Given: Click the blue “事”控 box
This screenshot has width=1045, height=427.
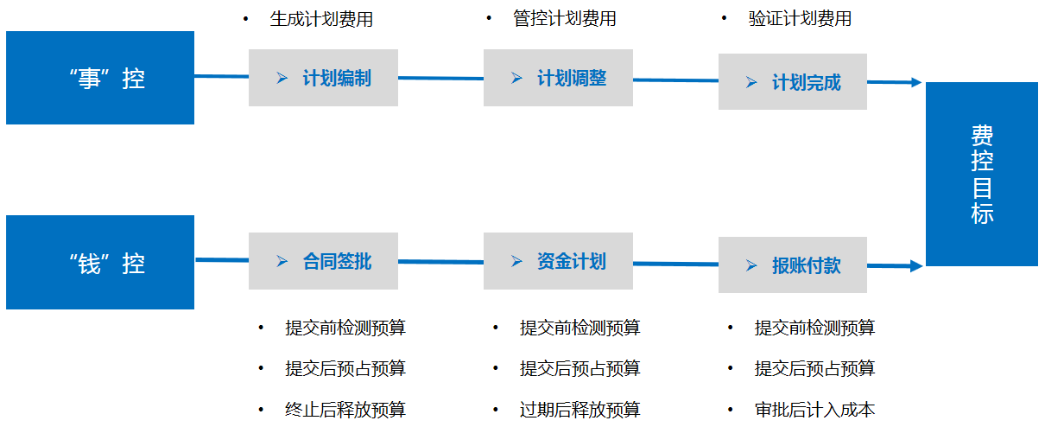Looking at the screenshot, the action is pyautogui.click(x=100, y=78).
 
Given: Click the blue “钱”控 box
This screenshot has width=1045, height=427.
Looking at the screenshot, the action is pyautogui.click(x=100, y=262).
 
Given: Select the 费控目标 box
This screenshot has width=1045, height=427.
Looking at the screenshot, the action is pyautogui.click(x=982, y=174).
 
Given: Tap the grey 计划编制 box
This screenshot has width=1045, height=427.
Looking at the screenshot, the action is pyautogui.click(x=323, y=78).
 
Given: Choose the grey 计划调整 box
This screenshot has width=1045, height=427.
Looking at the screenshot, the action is pyautogui.click(x=558, y=78).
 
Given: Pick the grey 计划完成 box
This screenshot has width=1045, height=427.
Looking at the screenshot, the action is pyautogui.click(x=793, y=81).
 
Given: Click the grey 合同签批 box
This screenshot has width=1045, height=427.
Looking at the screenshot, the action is pyautogui.click(x=323, y=261).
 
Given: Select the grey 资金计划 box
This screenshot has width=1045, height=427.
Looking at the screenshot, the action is pyautogui.click(x=558, y=261).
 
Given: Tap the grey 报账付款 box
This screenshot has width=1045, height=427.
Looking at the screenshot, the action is pyautogui.click(x=793, y=264).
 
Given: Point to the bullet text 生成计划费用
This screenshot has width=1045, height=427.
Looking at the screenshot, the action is pyautogui.click(x=321, y=19).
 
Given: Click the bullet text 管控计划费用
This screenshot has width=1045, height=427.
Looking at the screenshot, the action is pyautogui.click(x=565, y=19).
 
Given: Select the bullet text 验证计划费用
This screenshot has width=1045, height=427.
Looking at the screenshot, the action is pyautogui.click(x=800, y=19).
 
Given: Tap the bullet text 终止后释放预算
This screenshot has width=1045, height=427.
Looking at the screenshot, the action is pyautogui.click(x=345, y=410).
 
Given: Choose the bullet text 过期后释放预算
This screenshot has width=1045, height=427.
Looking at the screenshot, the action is pyautogui.click(x=580, y=410).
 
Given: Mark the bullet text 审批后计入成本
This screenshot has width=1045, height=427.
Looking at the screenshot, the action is pyautogui.click(x=815, y=410).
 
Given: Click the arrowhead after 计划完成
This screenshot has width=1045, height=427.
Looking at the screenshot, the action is pyautogui.click(x=916, y=83).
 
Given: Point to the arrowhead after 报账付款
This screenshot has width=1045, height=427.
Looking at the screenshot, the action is pyautogui.click(x=916, y=266).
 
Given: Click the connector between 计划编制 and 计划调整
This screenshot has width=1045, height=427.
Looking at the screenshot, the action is pyautogui.click(x=440, y=78).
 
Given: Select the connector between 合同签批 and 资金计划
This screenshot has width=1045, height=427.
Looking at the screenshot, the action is pyautogui.click(x=440, y=262).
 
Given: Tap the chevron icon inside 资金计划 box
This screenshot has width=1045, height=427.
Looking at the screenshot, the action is pyautogui.click(x=516, y=261).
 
